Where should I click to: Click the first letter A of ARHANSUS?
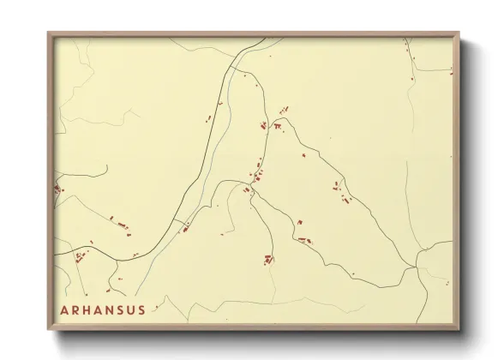[x=65, y=309]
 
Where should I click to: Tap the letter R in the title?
[x=77, y=309]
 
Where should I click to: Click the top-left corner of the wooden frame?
[x=48, y=33]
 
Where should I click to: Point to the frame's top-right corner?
[x=459, y=33]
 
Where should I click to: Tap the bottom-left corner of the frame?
[x=48, y=329]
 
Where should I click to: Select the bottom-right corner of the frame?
[x=459, y=329]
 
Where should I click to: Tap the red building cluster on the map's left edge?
[x=59, y=189]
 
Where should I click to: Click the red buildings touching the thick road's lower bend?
[x=183, y=227]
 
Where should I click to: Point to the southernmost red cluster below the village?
[x=268, y=259]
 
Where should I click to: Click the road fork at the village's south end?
[x=250, y=196]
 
